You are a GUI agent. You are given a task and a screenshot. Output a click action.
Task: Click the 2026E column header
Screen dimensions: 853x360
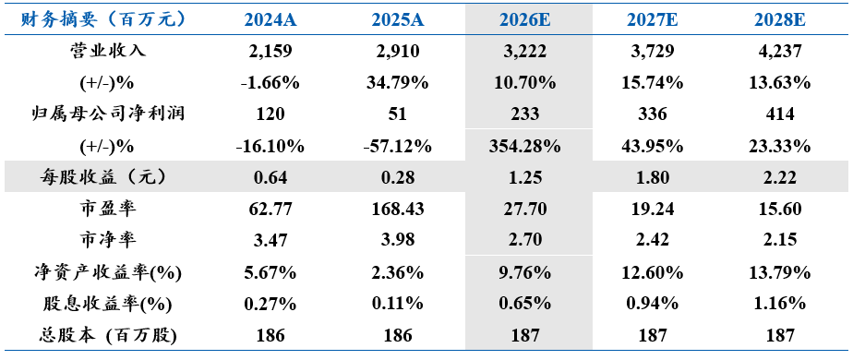[525, 20]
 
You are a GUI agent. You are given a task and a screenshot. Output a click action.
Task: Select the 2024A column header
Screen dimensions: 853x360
[270, 20]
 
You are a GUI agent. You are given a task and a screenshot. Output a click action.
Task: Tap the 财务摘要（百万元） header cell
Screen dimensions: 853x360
[103, 20]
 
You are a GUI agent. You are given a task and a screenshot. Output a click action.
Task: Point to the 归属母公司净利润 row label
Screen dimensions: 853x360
[108, 114]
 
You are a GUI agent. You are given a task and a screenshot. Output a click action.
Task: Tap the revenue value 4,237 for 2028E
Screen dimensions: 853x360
[780, 52]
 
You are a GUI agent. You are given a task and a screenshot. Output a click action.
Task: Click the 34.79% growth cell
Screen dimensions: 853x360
[398, 83]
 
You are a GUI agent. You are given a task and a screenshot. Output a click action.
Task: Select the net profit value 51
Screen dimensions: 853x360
[398, 114]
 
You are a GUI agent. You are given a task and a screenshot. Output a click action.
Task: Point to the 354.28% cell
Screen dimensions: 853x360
[525, 146]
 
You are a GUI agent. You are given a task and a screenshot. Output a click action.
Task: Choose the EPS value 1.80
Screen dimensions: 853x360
[653, 178]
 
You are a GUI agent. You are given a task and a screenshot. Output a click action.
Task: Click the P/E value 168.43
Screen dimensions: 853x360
[398, 210]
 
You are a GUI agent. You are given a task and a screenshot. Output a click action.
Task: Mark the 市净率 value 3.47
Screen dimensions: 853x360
[270, 241]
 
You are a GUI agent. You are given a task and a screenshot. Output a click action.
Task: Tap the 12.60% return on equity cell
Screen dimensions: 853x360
[653, 272]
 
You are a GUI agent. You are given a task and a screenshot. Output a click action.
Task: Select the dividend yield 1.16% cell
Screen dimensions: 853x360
[780, 304]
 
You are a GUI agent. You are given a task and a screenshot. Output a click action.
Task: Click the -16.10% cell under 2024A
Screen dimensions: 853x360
[270, 146]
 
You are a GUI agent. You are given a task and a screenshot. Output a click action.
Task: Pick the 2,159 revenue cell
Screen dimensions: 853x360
[270, 52]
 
